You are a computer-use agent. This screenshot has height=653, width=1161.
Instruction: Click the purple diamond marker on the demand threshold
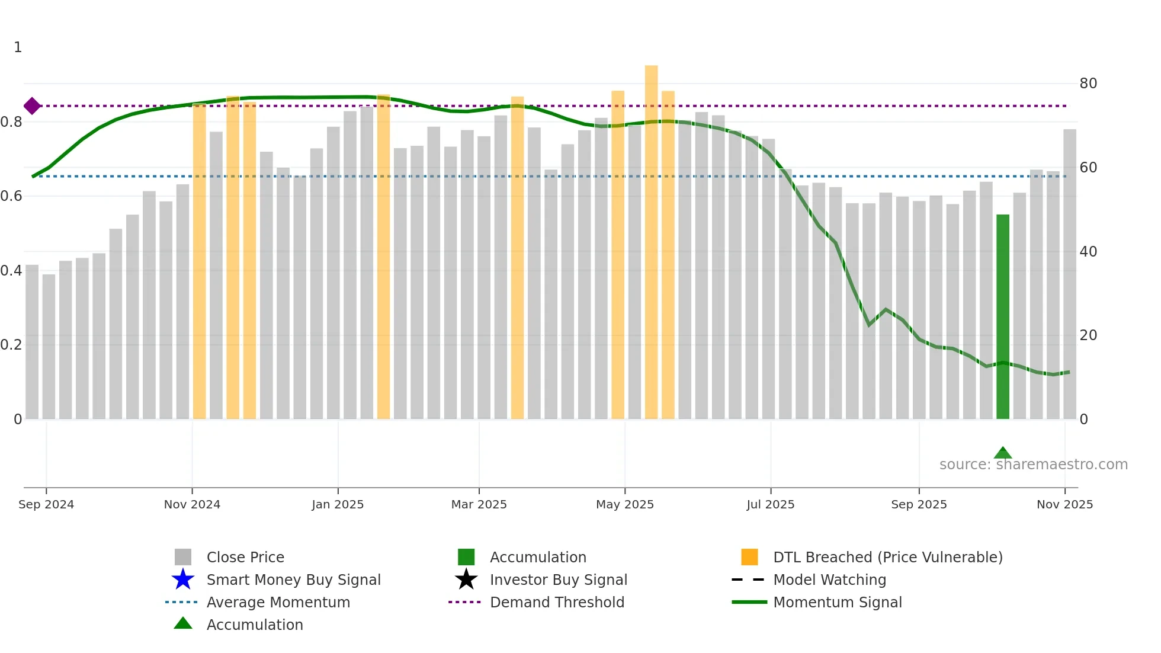click(32, 106)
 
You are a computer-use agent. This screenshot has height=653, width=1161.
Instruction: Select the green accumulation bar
click(1002, 316)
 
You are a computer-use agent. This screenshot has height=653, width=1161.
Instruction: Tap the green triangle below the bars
click(1002, 453)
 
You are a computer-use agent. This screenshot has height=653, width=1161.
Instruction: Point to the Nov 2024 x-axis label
click(192, 504)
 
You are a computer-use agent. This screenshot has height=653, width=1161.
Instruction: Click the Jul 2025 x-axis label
click(770, 504)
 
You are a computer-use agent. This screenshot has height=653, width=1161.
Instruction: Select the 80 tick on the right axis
click(1088, 84)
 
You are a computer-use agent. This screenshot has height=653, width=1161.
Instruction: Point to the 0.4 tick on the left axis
click(11, 271)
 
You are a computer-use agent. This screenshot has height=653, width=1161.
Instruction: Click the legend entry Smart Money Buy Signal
click(293, 580)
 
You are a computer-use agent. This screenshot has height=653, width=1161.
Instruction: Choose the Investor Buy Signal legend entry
click(558, 580)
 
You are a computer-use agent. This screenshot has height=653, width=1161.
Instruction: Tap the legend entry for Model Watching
click(829, 580)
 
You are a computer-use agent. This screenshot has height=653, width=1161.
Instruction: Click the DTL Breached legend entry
click(887, 557)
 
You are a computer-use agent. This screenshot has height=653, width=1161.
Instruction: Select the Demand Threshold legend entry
click(557, 602)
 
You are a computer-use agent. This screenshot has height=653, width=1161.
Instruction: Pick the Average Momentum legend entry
click(278, 602)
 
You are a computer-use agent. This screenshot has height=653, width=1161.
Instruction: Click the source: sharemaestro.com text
click(1033, 465)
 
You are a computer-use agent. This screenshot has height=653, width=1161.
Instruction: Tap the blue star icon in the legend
click(183, 580)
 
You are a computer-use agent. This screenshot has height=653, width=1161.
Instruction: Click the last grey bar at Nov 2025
click(1069, 274)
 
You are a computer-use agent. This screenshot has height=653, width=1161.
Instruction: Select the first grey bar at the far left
click(32, 342)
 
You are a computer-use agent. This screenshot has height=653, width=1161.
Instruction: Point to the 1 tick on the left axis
click(18, 47)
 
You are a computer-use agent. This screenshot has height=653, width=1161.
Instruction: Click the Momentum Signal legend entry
click(837, 602)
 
